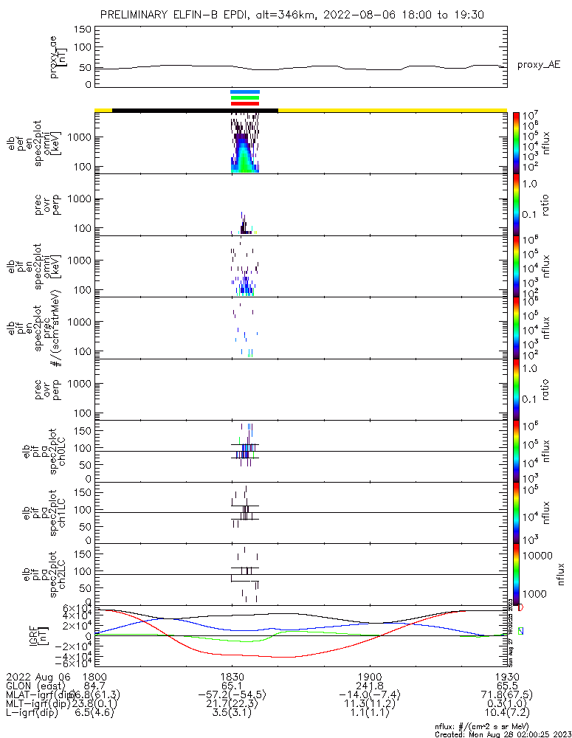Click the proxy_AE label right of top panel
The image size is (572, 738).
tap(538, 65)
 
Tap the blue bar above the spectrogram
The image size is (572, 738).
tap(245, 92)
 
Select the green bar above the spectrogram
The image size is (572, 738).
tap(245, 97)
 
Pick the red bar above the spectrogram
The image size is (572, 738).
tap(245, 104)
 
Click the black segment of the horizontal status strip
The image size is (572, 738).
tap(195, 110)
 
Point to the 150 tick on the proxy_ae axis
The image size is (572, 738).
tap(82, 29)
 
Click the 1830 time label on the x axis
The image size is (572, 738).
tap(232, 676)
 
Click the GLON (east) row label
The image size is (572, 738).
tap(30, 686)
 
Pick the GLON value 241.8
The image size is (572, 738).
tap(369, 686)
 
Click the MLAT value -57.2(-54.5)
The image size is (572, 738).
tap(232, 695)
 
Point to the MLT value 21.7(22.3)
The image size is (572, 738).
tap(232, 705)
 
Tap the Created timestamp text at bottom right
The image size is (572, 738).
tap(502, 734)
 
